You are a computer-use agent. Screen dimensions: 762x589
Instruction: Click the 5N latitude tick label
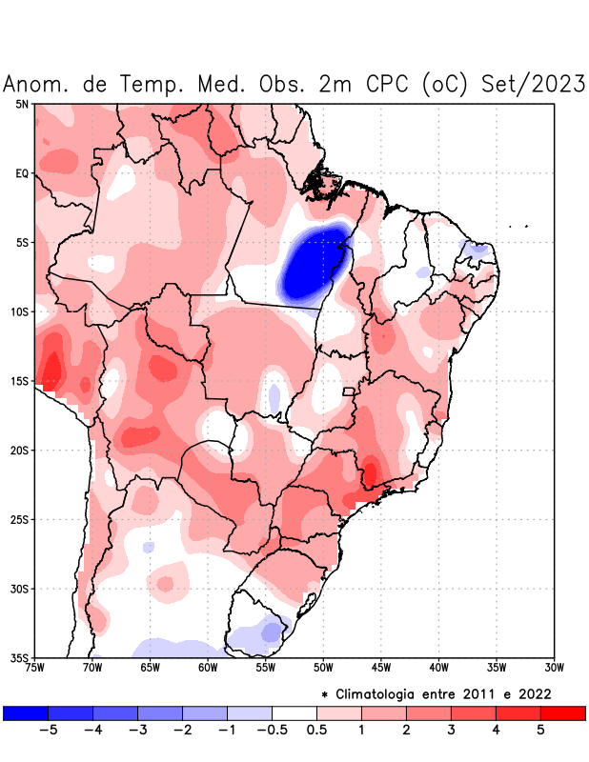click(22, 104)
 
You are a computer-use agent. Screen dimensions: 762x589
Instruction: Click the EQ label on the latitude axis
click(22, 173)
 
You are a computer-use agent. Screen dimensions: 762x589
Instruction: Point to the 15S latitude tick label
click(19, 381)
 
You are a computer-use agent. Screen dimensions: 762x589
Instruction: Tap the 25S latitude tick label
click(19, 519)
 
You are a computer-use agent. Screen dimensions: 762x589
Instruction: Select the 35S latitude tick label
click(19, 657)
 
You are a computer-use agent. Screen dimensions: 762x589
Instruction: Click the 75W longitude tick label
click(35, 667)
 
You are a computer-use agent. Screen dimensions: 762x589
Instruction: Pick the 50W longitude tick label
click(323, 667)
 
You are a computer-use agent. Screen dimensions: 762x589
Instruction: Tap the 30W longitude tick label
click(554, 667)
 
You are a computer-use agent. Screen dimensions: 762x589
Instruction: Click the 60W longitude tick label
click(208, 667)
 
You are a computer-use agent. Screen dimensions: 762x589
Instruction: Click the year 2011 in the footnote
click(489, 693)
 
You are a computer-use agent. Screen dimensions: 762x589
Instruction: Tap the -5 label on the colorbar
click(48, 731)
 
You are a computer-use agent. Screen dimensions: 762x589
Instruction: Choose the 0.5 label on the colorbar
click(317, 731)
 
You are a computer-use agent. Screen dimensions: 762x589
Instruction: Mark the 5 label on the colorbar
click(541, 731)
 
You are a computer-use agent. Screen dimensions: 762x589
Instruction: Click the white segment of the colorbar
click(294, 712)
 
